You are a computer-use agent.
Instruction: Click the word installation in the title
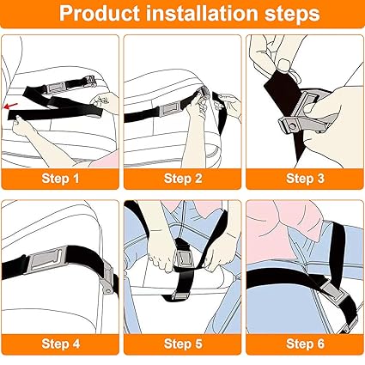tap(195, 15)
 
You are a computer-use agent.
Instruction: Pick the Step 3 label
tap(304, 179)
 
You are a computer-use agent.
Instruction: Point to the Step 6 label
tap(304, 344)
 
